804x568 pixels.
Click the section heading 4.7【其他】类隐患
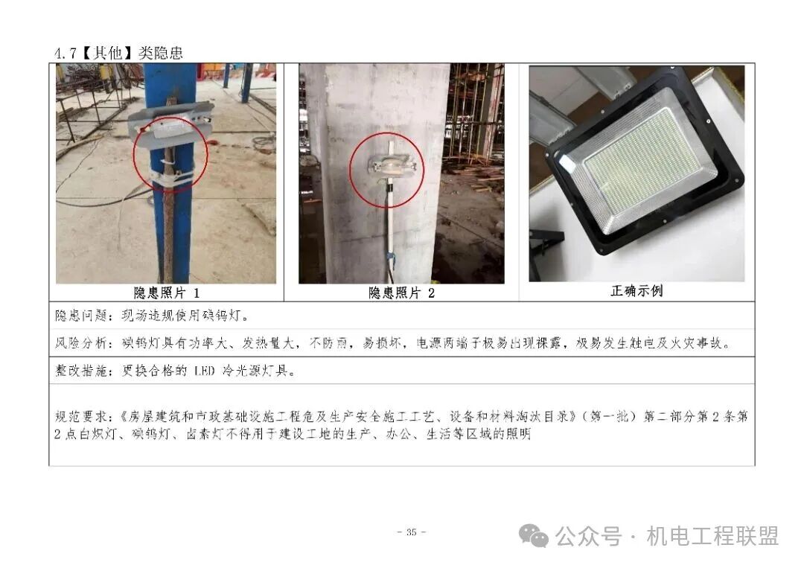tap(118, 54)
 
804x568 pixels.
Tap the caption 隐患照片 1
tap(166, 293)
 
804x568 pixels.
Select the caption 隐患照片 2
tap(401, 293)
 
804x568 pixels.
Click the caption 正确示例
tap(636, 291)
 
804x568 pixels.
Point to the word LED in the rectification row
tap(205, 371)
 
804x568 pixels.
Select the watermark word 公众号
tap(588, 535)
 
